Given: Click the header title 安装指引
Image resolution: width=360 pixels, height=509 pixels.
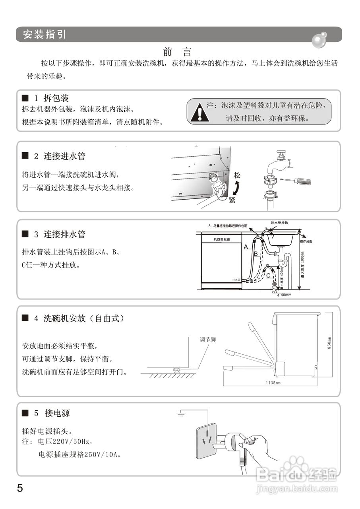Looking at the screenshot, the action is [45, 34].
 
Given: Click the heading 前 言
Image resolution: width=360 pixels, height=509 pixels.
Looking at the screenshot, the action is [177, 52].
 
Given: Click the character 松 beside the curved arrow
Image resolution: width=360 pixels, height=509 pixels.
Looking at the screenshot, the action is [237, 175].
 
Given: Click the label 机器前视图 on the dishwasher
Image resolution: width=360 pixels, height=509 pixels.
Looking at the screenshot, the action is [222, 239].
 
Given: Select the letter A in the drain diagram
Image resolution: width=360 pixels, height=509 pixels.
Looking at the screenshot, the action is [246, 247].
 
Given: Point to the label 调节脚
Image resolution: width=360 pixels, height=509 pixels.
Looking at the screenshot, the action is [207, 340].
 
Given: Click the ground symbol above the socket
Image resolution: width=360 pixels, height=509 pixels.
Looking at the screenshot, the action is [182, 415].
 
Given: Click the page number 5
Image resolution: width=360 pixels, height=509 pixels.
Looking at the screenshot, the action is [20, 488].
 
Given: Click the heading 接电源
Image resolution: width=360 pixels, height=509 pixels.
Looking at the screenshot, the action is [57, 413].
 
